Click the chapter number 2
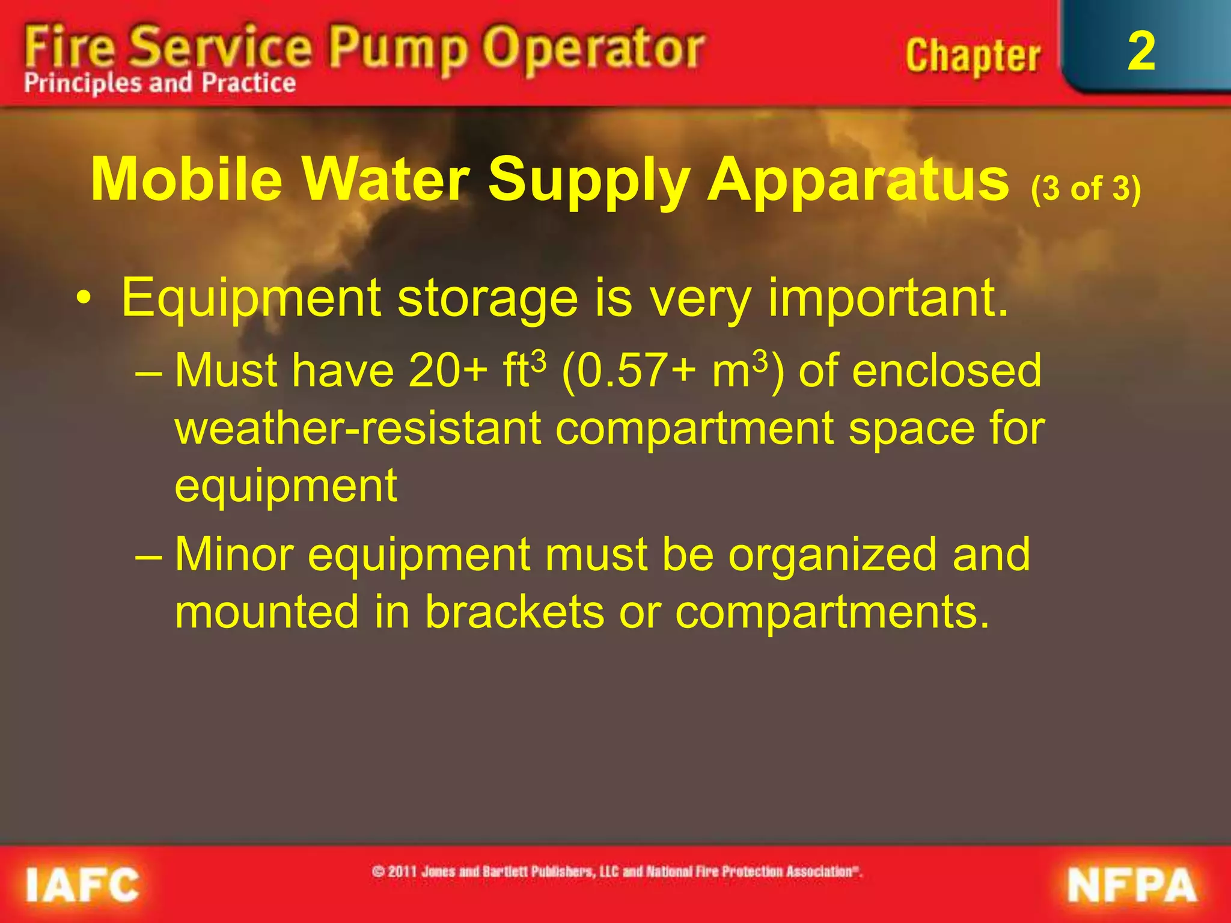pyautogui.click(x=1141, y=52)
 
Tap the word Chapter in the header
pyautogui.click(x=973, y=56)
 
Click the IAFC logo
pyautogui.click(x=82, y=885)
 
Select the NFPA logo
pyautogui.click(x=1132, y=886)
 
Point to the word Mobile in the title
pyautogui.click(x=186, y=179)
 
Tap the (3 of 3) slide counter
pyautogui.click(x=1086, y=189)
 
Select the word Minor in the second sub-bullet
pyautogui.click(x=234, y=554)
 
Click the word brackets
pyautogui.click(x=515, y=612)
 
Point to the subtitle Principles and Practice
pyautogui.click(x=160, y=83)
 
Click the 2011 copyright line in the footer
pyautogui.click(x=617, y=871)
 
